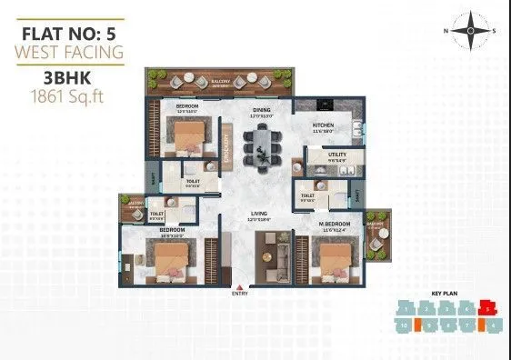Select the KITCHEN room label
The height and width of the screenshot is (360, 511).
point(326,125)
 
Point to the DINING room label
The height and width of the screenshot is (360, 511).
point(263,111)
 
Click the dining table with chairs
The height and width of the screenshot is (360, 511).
point(264,146)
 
